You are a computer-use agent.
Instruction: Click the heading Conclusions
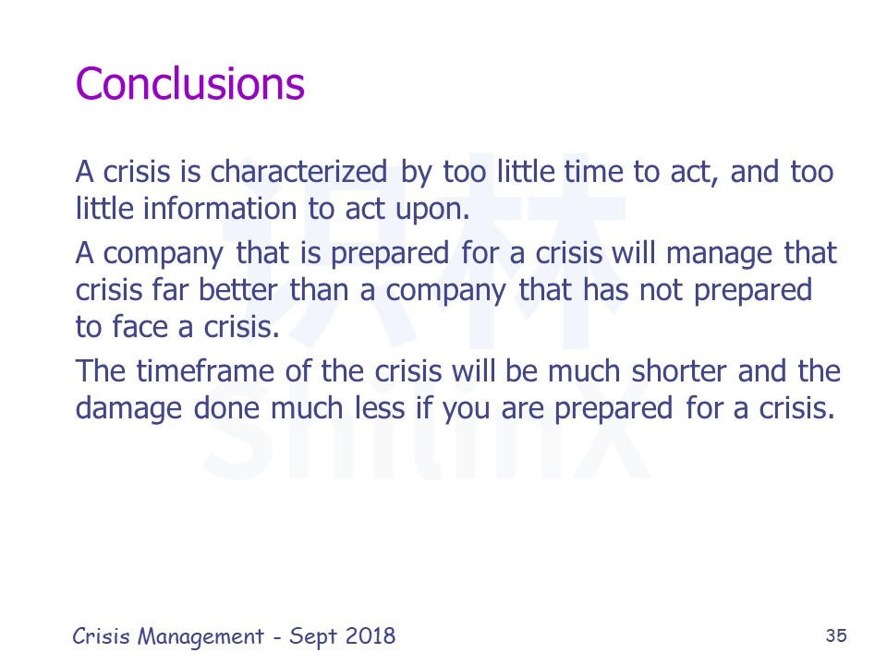point(190,84)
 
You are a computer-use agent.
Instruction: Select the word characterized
point(298,172)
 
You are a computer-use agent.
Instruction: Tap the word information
point(220,208)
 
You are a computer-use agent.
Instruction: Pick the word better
point(238,290)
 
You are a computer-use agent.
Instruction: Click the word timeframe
point(205,371)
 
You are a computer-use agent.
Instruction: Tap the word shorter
point(679,371)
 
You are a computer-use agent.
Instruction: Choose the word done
point(226,407)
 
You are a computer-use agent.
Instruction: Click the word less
point(380,407)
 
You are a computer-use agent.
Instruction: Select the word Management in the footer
point(200,636)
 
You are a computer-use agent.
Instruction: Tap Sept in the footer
point(313,637)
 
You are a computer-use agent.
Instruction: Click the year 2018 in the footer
point(371,636)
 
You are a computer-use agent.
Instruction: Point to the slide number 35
point(836,635)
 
